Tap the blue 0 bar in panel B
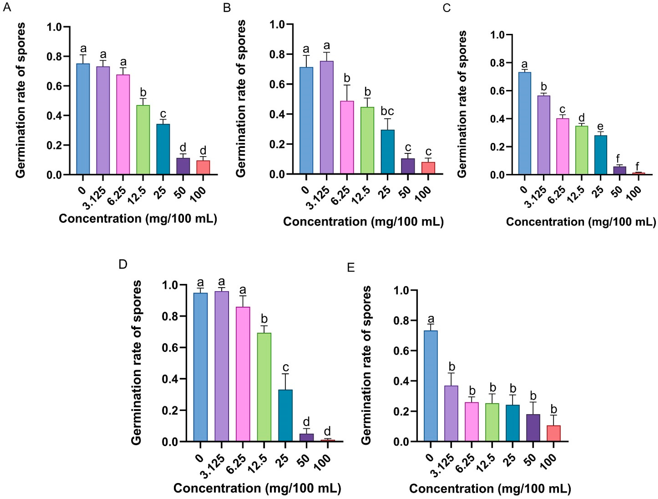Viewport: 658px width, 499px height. (x=306, y=120)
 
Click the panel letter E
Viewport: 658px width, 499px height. (x=351, y=268)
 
